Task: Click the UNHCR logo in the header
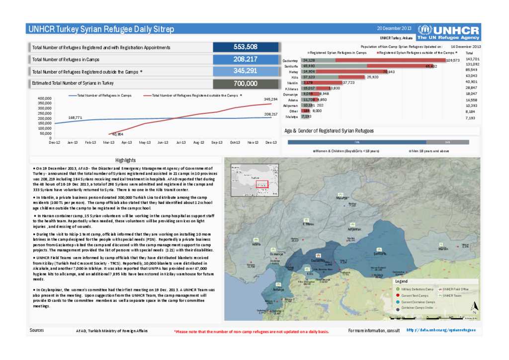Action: [x=448, y=32]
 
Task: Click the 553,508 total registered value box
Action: [x=245, y=47]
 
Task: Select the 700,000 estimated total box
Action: [x=245, y=84]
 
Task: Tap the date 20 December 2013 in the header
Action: [x=394, y=28]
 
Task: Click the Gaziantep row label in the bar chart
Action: [x=290, y=60]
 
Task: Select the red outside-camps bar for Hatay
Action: [x=350, y=72]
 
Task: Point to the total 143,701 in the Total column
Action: [x=472, y=59]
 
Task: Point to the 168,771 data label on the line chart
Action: [x=75, y=117]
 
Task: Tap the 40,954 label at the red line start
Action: [x=118, y=134]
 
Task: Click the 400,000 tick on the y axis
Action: [x=44, y=98]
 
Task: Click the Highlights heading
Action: [x=125, y=160]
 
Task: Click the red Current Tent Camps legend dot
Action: [x=398, y=295]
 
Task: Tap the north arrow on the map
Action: [x=475, y=306]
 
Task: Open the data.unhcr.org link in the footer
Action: [x=441, y=330]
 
